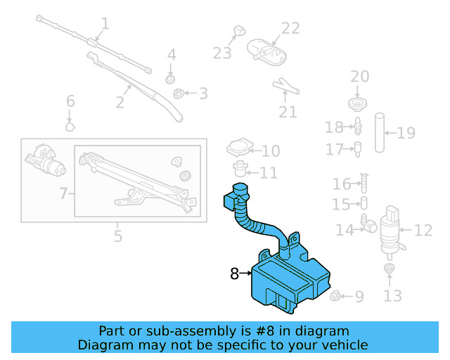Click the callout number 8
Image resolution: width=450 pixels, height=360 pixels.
coord(234,274)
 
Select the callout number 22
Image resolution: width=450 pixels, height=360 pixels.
coord(290,28)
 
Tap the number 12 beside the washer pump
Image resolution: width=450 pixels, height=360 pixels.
coord(423,229)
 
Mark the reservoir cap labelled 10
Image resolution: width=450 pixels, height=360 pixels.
coord(240,148)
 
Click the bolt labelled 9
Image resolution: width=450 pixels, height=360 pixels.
coord(336,296)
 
